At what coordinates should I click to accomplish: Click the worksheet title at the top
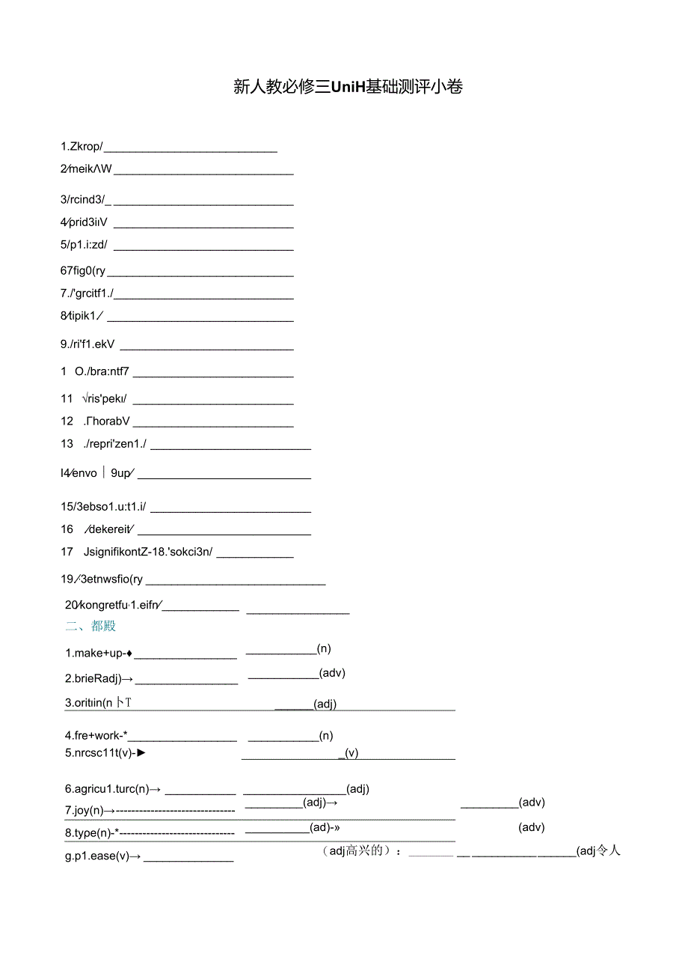pyautogui.click(x=348, y=88)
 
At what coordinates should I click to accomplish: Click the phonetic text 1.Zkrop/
pyautogui.click(x=82, y=147)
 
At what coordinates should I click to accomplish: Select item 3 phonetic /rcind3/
pyautogui.click(x=85, y=199)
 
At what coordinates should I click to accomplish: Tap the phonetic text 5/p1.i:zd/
pyautogui.click(x=84, y=244)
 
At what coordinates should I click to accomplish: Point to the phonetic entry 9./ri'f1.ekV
pyautogui.click(x=87, y=345)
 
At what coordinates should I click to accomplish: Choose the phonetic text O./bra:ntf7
pyautogui.click(x=102, y=371)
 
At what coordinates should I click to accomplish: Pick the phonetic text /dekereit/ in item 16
pyautogui.click(x=109, y=529)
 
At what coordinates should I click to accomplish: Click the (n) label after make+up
pyautogui.click(x=324, y=648)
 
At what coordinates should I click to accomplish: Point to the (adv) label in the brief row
pyautogui.click(x=332, y=672)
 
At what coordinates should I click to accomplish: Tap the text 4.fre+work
pyautogui.click(x=96, y=736)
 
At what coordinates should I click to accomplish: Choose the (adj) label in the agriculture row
pyautogui.click(x=358, y=788)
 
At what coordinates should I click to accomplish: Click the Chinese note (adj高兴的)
pyautogui.click(x=356, y=850)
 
